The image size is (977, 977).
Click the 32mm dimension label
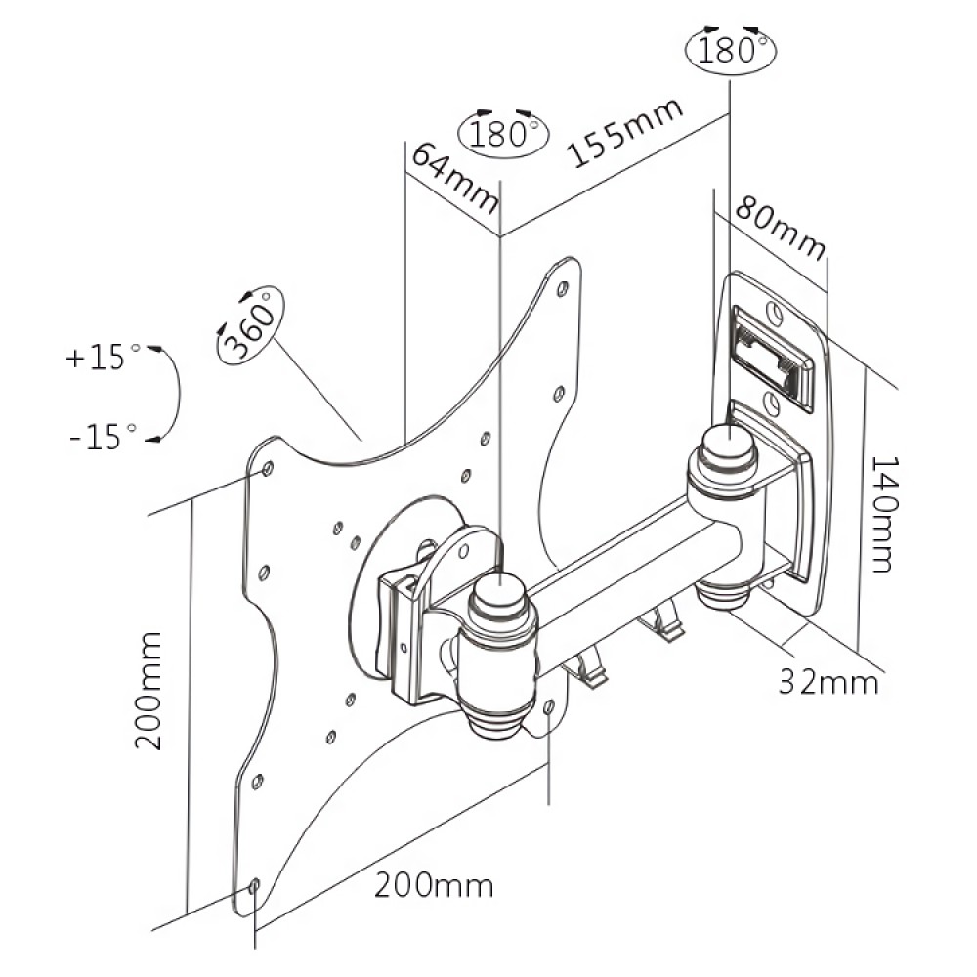[828, 681]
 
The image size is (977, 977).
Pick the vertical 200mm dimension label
[149, 690]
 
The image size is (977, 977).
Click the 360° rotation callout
[250, 325]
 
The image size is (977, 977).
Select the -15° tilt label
[98, 438]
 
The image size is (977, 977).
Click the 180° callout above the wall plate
[730, 48]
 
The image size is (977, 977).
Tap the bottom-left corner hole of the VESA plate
[255, 887]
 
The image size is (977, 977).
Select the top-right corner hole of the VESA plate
[563, 290]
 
